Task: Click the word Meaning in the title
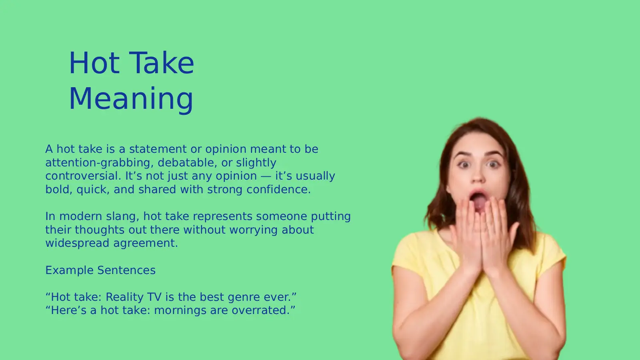click(x=131, y=98)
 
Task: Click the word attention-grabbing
click(x=98, y=163)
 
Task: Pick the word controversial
click(x=83, y=176)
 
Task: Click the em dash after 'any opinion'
click(x=266, y=176)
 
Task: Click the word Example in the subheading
click(x=69, y=270)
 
